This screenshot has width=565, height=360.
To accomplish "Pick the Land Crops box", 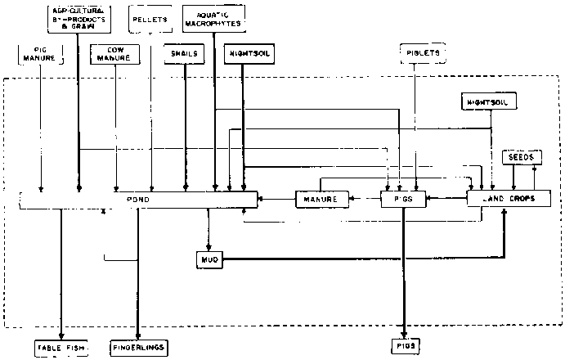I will pos(509,198).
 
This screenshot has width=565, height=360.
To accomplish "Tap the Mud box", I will pos(207,259).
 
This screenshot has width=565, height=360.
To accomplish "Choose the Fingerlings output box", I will pos(139,348).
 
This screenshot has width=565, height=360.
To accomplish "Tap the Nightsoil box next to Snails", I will pos(249,54).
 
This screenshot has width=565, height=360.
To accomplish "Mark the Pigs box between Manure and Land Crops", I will pos(403,198).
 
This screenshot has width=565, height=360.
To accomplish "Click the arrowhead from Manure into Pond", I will pos(261,198).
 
